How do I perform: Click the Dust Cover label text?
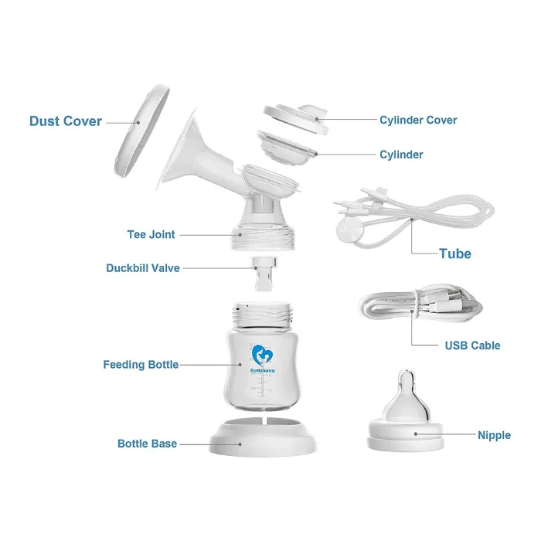(66, 121)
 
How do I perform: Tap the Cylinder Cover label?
(418, 120)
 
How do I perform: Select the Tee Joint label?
(151, 235)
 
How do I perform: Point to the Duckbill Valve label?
(143, 268)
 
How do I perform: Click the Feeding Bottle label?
(141, 364)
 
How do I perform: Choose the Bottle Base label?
(147, 444)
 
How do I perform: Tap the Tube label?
(455, 253)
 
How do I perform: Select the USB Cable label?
(472, 345)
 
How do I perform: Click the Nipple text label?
(494, 435)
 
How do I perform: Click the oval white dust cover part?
(141, 131)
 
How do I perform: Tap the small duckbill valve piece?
(264, 274)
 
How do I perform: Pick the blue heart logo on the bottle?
(262, 356)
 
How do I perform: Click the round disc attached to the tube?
(349, 228)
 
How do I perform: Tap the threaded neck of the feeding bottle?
(263, 315)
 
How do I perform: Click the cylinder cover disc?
(296, 119)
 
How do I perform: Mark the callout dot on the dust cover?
(138, 122)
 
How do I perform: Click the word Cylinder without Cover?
(401, 155)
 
